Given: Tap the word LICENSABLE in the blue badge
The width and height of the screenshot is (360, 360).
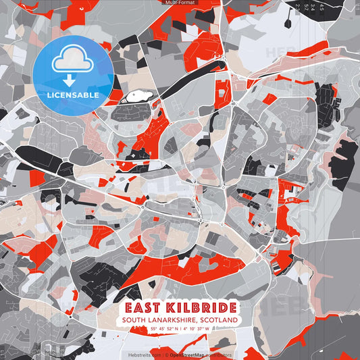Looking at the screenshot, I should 73,95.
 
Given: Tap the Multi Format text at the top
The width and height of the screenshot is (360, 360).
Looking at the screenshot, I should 179,3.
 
